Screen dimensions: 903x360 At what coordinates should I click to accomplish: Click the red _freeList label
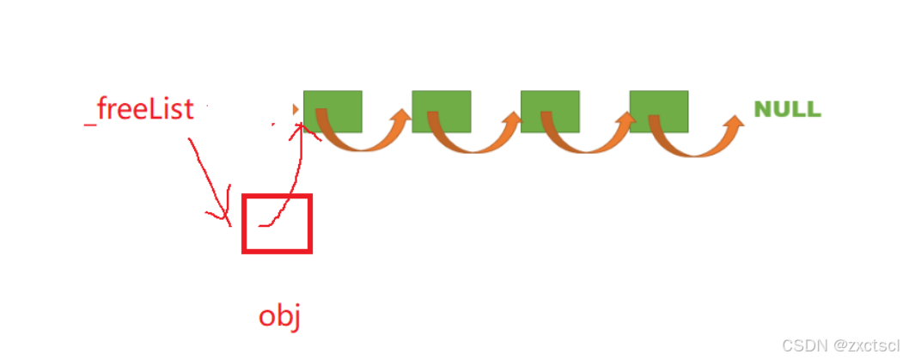[x=139, y=110]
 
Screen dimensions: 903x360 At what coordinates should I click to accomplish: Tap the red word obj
[x=279, y=316]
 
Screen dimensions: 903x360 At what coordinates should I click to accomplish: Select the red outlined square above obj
[x=277, y=223]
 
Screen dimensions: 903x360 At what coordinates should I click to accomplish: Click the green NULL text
[x=787, y=110]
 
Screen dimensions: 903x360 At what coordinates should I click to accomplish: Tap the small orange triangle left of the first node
[x=296, y=110]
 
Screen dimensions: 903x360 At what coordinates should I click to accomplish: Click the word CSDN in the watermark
[x=801, y=344]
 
